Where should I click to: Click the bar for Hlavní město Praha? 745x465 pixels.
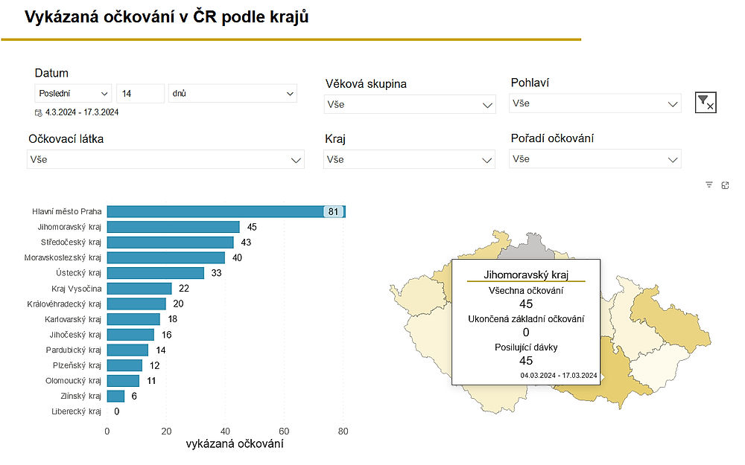click(x=216, y=212)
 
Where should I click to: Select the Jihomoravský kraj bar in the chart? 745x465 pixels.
click(x=173, y=227)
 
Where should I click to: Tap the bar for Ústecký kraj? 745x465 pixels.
click(x=155, y=273)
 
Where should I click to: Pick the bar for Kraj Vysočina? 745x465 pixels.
click(x=139, y=289)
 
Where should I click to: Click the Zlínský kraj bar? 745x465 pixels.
click(x=115, y=396)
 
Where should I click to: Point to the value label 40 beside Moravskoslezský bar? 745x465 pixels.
click(x=236, y=258)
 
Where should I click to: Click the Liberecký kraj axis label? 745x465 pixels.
click(x=75, y=411)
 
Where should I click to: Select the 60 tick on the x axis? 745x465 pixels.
click(x=284, y=431)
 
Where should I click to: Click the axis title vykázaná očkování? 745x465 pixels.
click(x=234, y=445)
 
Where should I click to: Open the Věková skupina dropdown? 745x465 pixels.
click(x=410, y=105)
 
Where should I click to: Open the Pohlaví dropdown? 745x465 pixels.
click(x=595, y=103)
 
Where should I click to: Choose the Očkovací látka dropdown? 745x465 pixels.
click(x=165, y=159)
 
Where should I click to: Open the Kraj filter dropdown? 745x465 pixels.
click(x=410, y=159)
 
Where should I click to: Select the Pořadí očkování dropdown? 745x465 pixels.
click(x=595, y=158)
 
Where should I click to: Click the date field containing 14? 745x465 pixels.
click(x=140, y=94)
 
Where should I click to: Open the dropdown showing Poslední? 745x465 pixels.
click(x=73, y=94)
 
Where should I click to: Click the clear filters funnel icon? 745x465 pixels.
click(x=705, y=103)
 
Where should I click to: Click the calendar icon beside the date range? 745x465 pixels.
click(x=39, y=113)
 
